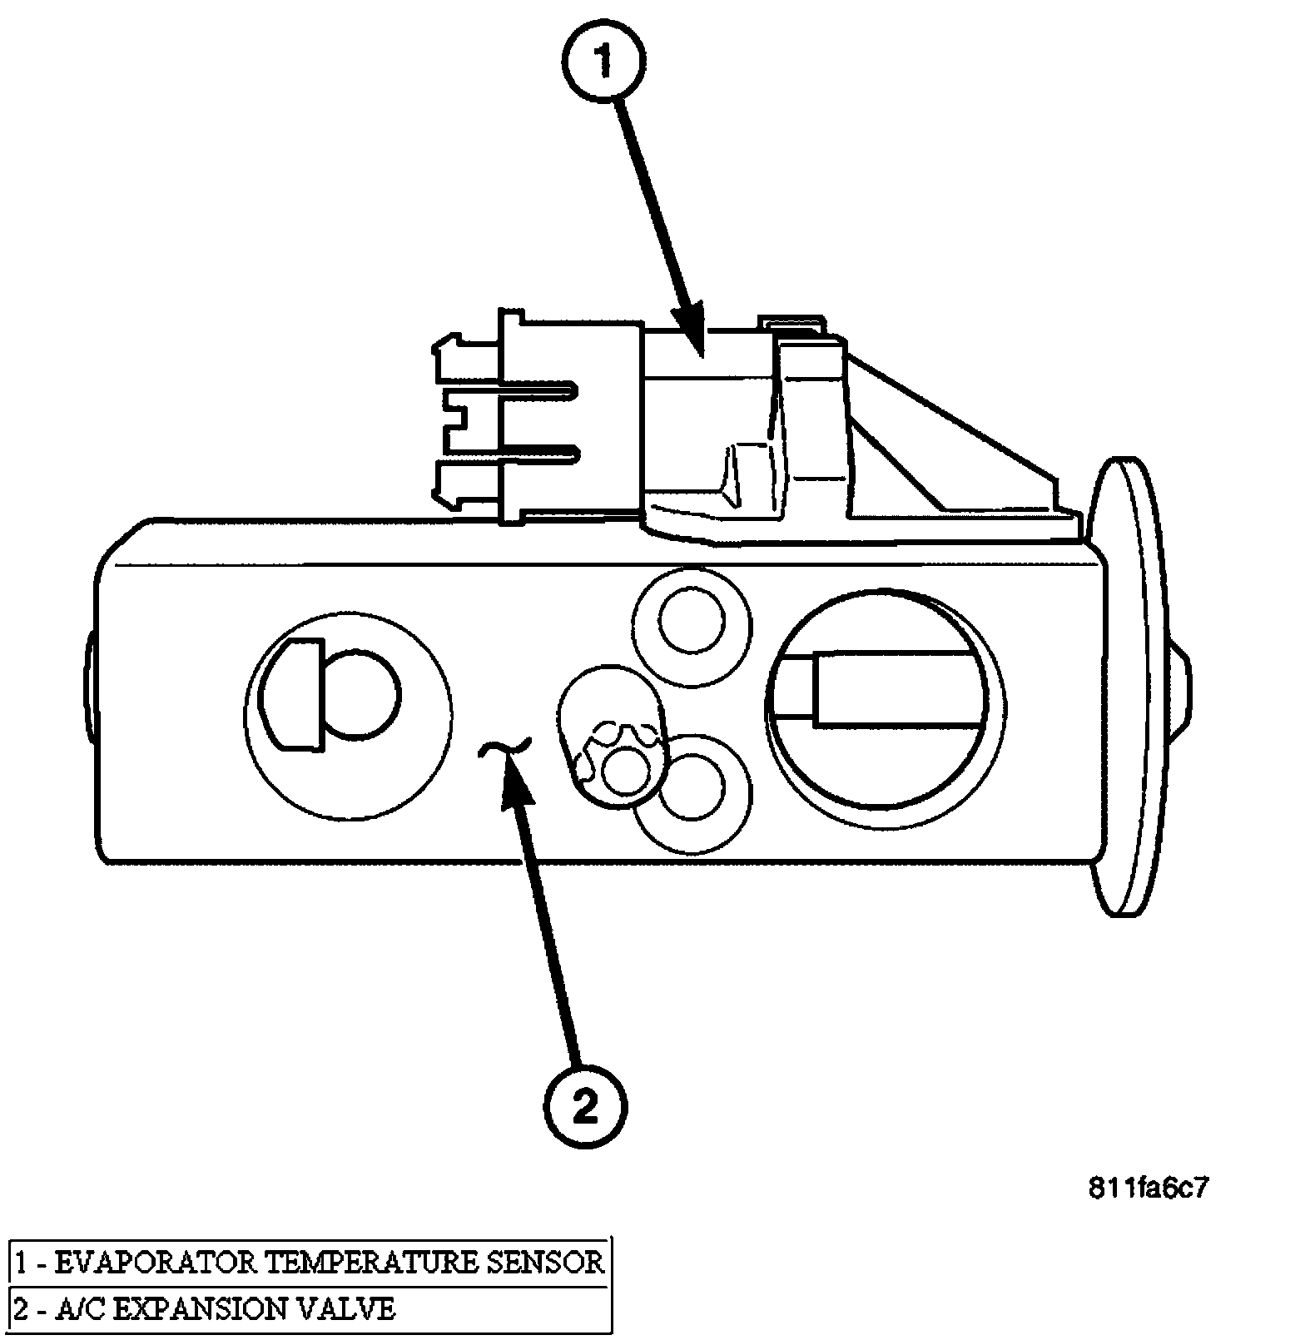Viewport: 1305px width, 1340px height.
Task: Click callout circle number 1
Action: pos(605,62)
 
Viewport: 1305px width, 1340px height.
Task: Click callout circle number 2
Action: pos(586,1104)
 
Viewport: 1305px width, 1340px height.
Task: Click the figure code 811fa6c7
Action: pos(1147,1188)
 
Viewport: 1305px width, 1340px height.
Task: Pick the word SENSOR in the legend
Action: pos(543,1263)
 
